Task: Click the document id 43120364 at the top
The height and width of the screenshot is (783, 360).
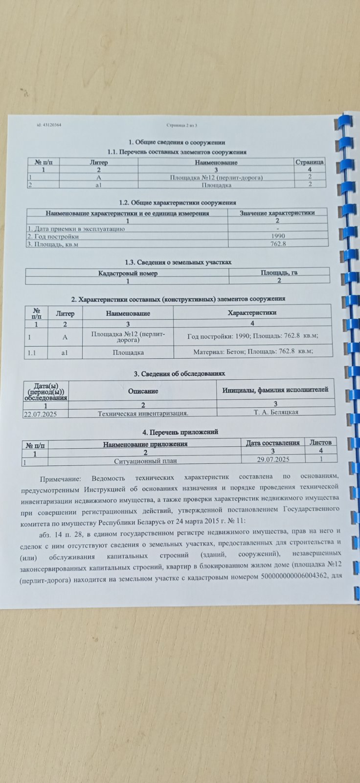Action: tap(49, 125)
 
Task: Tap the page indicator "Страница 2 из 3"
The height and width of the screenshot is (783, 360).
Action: tap(181, 125)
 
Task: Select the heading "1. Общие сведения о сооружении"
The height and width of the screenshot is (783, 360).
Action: tap(177, 142)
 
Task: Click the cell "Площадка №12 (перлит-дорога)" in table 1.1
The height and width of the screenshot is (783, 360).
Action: tap(216, 177)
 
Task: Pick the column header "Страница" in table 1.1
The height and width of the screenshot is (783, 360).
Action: tap(310, 161)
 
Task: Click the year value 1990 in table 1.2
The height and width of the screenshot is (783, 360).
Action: tap(278, 236)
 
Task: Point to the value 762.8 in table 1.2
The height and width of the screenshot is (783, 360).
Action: tap(278, 244)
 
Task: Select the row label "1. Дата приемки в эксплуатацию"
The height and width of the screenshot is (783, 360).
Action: tap(76, 229)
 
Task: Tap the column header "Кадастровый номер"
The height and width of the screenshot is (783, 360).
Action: tap(128, 273)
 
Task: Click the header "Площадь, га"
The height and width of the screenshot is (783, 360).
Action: tap(279, 273)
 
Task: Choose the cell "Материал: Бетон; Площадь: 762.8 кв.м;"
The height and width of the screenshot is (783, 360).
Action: tap(253, 351)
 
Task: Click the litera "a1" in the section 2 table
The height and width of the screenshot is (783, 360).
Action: tap(65, 352)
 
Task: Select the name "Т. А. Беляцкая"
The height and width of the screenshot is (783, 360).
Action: tap(276, 412)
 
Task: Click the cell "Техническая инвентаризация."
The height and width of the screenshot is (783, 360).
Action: tap(143, 414)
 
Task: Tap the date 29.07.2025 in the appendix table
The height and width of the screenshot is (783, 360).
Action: tap(273, 459)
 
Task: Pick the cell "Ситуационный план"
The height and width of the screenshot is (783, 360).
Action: tap(145, 461)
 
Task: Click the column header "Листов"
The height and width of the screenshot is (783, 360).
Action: tap(320, 442)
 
